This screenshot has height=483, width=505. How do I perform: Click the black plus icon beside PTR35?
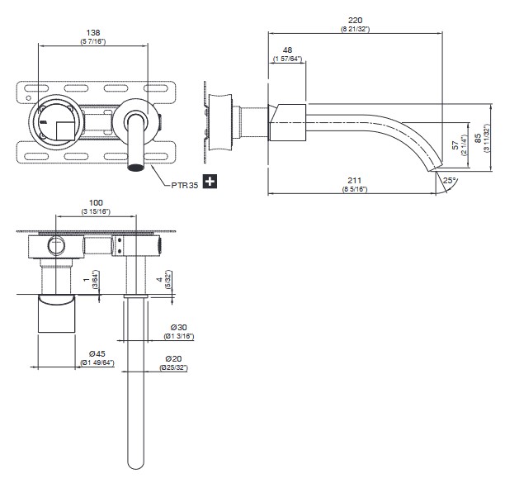(x=210, y=180)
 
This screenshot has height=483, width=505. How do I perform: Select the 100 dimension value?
(x=97, y=202)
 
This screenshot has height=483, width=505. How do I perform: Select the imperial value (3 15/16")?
(x=97, y=212)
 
